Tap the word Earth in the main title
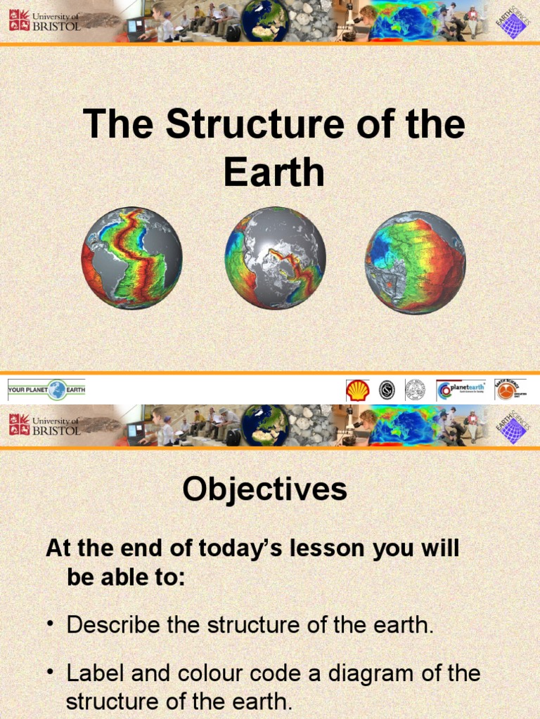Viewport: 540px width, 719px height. point(274,172)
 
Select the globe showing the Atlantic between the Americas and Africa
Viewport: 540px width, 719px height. point(131,258)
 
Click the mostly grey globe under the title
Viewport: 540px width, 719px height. point(275,258)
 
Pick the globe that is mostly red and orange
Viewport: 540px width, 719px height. point(415,262)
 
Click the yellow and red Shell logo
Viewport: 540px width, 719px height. point(357,390)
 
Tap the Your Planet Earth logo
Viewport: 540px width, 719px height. point(46,390)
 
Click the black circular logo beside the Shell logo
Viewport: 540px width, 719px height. point(387,390)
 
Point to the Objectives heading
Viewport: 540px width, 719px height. point(264,489)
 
